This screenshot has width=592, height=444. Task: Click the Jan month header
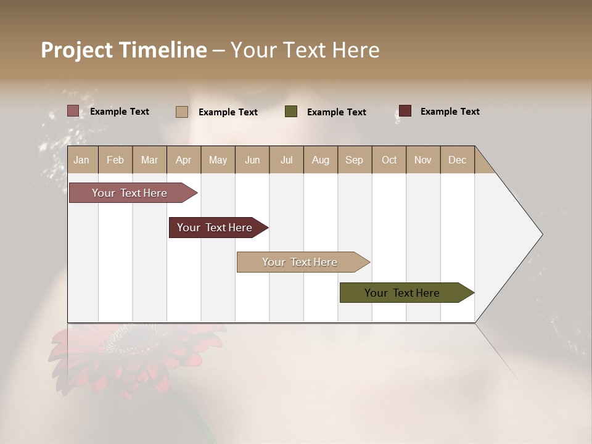pyautogui.click(x=82, y=160)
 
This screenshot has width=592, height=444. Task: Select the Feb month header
pyautogui.click(x=115, y=160)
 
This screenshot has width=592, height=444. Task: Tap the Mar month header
pyautogui.click(x=149, y=160)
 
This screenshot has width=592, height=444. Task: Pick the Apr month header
pyautogui.click(x=183, y=160)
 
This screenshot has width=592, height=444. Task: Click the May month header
pyautogui.click(x=218, y=160)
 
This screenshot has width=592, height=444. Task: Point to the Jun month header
pyautogui.click(x=252, y=160)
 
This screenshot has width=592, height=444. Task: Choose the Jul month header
pyautogui.click(x=286, y=160)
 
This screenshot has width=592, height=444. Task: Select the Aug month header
pyautogui.click(x=320, y=160)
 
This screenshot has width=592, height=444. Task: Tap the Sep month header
pyautogui.click(x=354, y=160)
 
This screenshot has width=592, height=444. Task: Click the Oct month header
pyautogui.click(x=389, y=160)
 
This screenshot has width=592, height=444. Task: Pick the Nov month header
pyautogui.click(x=422, y=160)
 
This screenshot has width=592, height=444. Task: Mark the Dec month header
pyautogui.click(x=457, y=160)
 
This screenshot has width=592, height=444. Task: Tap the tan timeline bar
pyautogui.click(x=300, y=262)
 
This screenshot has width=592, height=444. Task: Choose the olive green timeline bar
pyautogui.click(x=403, y=293)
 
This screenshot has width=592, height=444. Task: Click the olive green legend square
pyautogui.click(x=291, y=112)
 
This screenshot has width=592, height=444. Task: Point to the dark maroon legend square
pyautogui.click(x=405, y=111)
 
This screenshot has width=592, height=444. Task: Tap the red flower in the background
pyautogui.click(x=133, y=358)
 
